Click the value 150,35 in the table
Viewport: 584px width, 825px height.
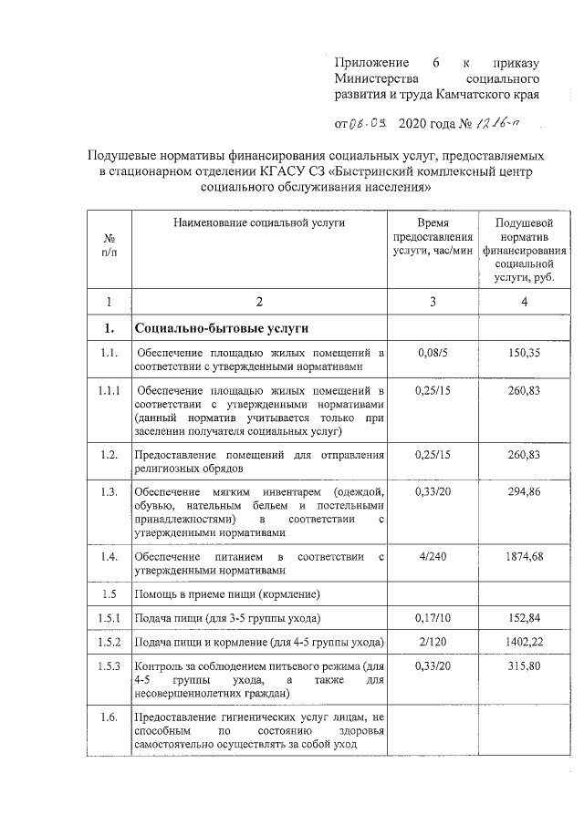point(524,352)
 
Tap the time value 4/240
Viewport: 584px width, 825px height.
point(433,556)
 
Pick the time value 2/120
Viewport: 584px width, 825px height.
point(433,642)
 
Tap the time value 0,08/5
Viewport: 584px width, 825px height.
point(433,352)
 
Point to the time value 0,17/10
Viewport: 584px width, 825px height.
point(433,618)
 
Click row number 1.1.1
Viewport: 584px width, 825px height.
point(109,390)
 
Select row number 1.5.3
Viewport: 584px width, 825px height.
point(109,666)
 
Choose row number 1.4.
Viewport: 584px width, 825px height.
point(109,556)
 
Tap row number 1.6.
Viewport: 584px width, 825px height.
point(109,718)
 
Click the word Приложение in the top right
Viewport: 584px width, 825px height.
point(370,63)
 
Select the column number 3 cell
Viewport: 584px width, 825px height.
point(433,302)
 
